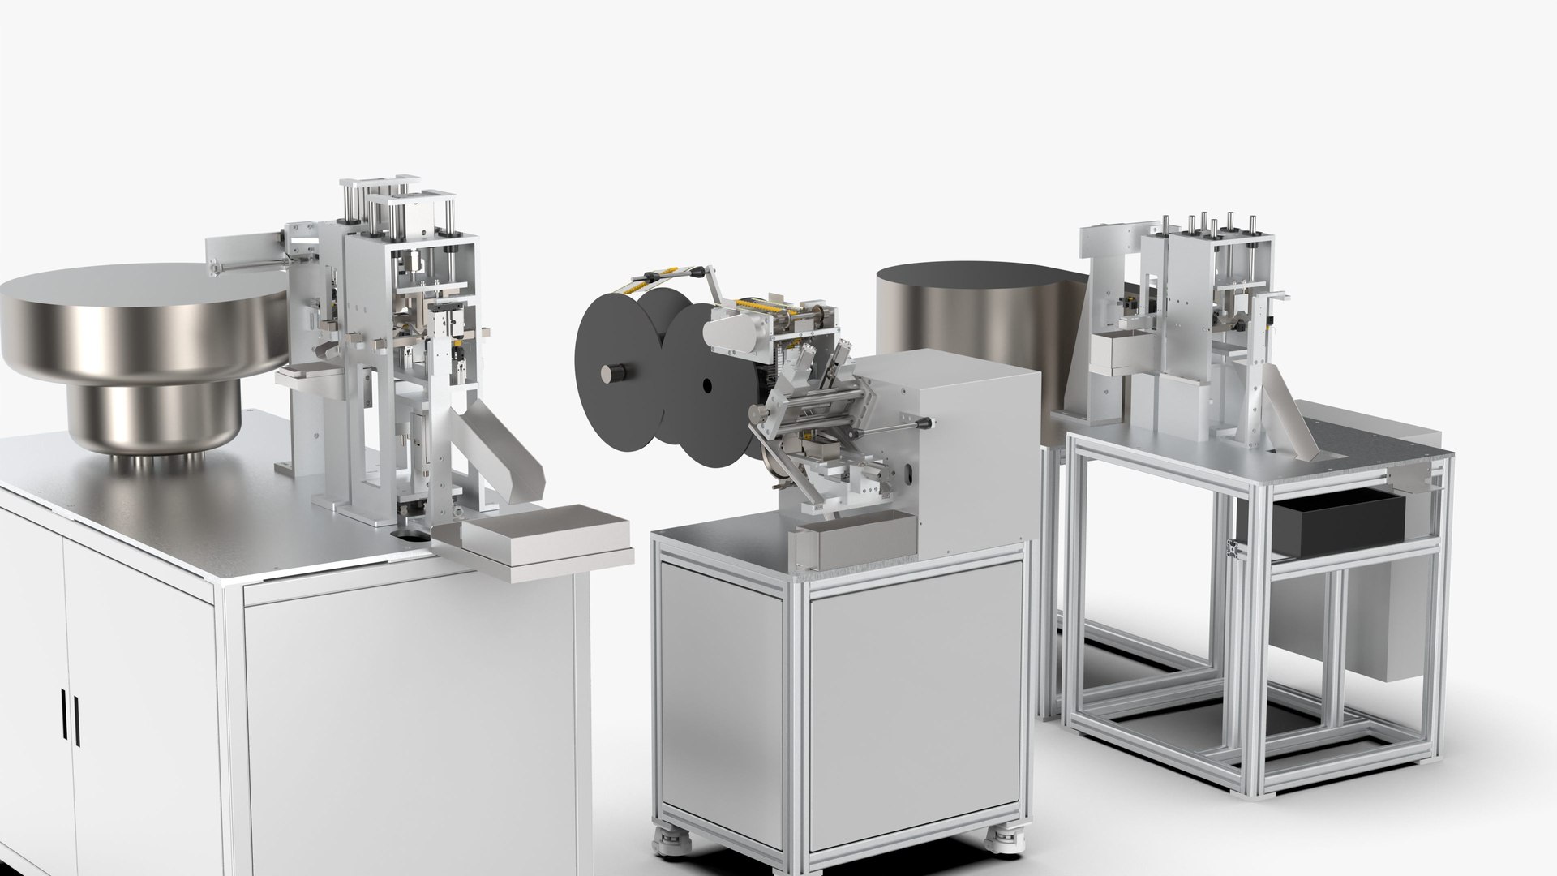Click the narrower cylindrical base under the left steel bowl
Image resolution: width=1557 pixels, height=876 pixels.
click(154, 422)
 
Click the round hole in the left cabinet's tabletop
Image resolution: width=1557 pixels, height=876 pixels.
click(414, 536)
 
